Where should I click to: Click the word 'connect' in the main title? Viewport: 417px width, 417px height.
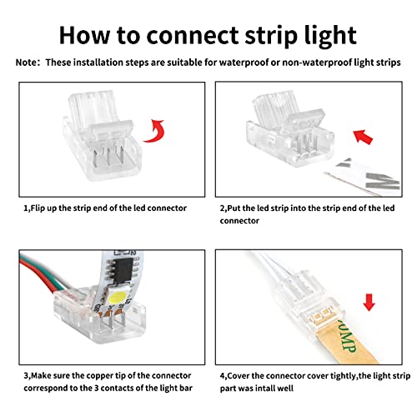tap(192, 35)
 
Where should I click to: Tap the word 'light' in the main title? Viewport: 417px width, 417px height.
tap(330, 36)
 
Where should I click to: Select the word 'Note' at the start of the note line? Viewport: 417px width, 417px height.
tap(26, 63)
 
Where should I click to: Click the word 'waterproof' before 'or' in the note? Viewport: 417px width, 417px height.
tap(244, 63)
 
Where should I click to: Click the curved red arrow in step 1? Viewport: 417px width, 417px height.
tap(155, 131)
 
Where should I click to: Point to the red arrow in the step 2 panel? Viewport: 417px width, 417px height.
tap(363, 137)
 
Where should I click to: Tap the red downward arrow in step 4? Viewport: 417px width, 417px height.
tap(369, 303)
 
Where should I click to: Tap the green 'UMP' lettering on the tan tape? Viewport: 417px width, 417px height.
tap(346, 339)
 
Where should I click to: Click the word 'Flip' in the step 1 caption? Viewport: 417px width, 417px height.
tap(38, 208)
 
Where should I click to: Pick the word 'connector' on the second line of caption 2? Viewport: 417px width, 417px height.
tap(239, 221)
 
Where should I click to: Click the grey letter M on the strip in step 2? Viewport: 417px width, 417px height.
tap(383, 181)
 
